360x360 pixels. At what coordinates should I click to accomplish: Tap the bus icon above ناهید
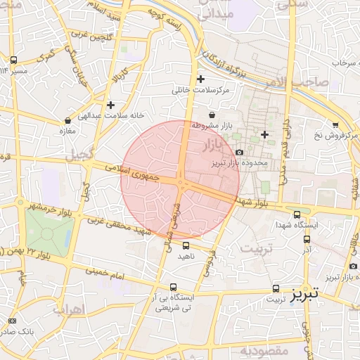click(186, 245)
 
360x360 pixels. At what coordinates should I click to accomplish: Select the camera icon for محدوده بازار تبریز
click(239, 152)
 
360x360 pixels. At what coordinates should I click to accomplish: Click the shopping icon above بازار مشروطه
click(212, 115)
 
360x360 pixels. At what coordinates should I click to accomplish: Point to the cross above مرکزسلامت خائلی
click(201, 79)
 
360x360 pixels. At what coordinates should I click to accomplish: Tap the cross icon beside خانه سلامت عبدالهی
click(110, 105)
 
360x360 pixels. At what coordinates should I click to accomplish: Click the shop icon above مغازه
click(67, 121)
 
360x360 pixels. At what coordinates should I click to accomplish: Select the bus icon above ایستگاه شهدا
click(297, 214)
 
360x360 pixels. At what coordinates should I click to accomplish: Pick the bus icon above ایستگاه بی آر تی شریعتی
click(174, 286)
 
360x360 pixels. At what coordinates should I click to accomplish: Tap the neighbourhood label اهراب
click(68, 309)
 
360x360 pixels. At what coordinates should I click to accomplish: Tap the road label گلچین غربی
click(85, 34)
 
